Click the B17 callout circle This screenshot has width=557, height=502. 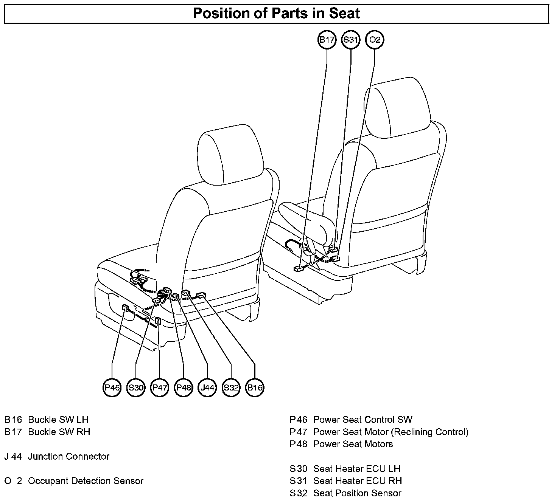pos(327,40)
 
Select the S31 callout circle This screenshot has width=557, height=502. pos(351,40)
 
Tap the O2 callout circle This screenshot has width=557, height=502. pos(375,40)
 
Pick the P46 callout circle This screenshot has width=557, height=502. pos(112,387)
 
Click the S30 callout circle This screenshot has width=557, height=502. pos(136,387)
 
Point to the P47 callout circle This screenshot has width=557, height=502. pos(159,387)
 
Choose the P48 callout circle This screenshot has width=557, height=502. pos(184,387)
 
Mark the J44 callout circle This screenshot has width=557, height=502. pos(207,387)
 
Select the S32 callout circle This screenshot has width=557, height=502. pos(231,387)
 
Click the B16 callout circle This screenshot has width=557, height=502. pos(255,387)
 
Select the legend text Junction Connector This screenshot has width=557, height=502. pos(68,457)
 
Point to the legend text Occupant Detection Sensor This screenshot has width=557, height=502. pos(86,481)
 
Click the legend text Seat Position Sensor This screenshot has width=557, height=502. pos(357,493)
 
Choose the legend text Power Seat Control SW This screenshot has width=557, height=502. pos(363,420)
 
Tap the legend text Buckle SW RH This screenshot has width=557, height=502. pos(59,432)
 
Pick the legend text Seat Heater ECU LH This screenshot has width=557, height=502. pos(356,469)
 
